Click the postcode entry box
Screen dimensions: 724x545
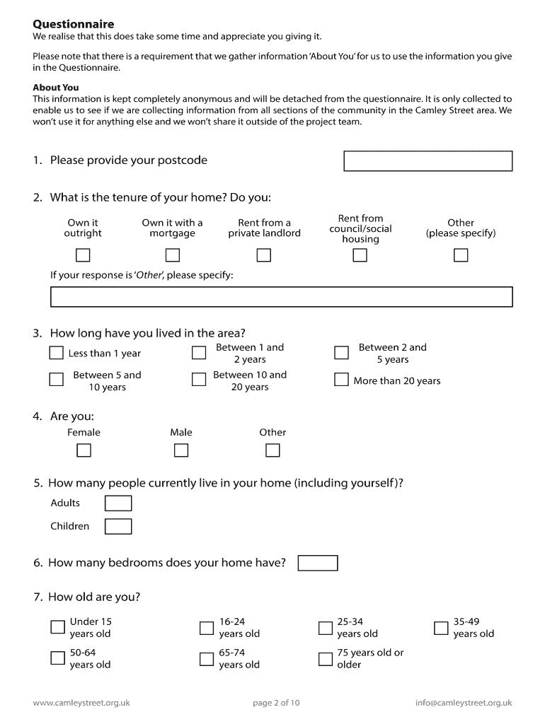[x=428, y=161]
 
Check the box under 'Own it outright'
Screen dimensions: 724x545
[x=83, y=255]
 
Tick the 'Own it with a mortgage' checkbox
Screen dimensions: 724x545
[x=172, y=255]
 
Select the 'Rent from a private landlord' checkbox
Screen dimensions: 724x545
[x=264, y=255]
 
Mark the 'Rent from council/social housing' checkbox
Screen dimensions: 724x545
[x=360, y=255]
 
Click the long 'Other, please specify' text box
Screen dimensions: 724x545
[x=281, y=297]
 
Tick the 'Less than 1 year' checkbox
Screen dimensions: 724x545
[x=57, y=352]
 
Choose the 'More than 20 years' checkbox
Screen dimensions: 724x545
[x=341, y=380]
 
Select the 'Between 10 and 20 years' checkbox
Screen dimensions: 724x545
[x=199, y=380]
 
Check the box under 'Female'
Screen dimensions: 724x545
[x=84, y=450]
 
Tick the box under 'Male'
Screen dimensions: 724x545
[x=181, y=450]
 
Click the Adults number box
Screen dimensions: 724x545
[x=118, y=503]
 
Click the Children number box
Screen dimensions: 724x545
[x=118, y=527]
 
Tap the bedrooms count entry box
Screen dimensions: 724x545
[x=318, y=564]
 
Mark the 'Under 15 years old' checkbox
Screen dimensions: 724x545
[x=57, y=627]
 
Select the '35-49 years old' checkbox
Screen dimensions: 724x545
[x=441, y=627]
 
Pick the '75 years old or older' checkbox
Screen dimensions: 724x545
[x=326, y=659]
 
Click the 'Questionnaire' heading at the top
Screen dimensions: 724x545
[x=73, y=25]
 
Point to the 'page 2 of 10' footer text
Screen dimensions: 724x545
[x=276, y=703]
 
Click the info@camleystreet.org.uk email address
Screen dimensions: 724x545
[x=464, y=703]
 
